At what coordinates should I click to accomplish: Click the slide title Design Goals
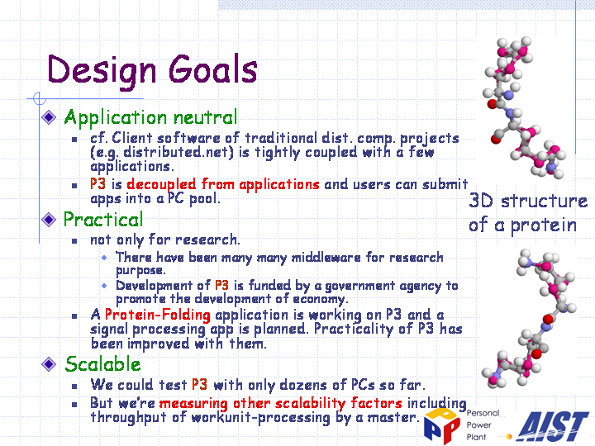click(x=152, y=69)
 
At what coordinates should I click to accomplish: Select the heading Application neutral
click(x=150, y=117)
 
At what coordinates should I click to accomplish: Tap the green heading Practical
click(x=103, y=219)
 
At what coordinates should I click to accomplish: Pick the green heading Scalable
click(x=102, y=363)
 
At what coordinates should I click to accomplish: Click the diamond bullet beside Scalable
click(x=49, y=364)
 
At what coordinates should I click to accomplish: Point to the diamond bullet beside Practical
click(x=49, y=220)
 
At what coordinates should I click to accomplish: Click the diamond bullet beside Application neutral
click(x=49, y=117)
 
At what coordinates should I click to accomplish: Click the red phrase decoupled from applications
click(x=223, y=184)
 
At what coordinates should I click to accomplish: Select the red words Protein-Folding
click(x=158, y=315)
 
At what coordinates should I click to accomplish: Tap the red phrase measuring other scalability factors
click(x=280, y=403)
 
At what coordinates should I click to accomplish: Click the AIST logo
click(x=553, y=427)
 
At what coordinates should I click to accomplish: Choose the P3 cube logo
click(x=443, y=425)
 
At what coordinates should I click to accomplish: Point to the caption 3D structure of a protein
click(x=528, y=212)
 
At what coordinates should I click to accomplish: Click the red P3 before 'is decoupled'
click(x=98, y=184)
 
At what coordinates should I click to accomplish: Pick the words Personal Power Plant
click(x=483, y=425)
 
